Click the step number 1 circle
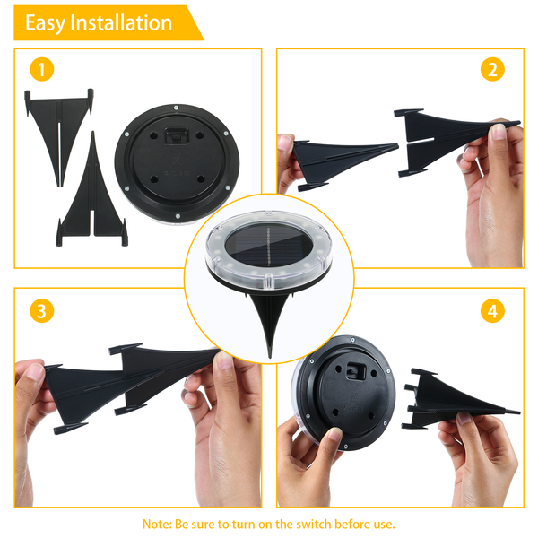pos(42,69)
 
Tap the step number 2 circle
pos(492,69)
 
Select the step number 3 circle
pos(42,311)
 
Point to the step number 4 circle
pos(492,311)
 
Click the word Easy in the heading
pos(45,23)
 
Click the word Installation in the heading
pos(121,22)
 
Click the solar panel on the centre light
pos(268,247)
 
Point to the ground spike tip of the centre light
pos(270,357)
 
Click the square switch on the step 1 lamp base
pos(177,136)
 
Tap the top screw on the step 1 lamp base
pos(176,108)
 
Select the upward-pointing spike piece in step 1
pos(92,192)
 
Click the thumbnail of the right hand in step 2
pos(499,131)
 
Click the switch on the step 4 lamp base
pos(355,371)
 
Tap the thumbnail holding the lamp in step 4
pos(334,434)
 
